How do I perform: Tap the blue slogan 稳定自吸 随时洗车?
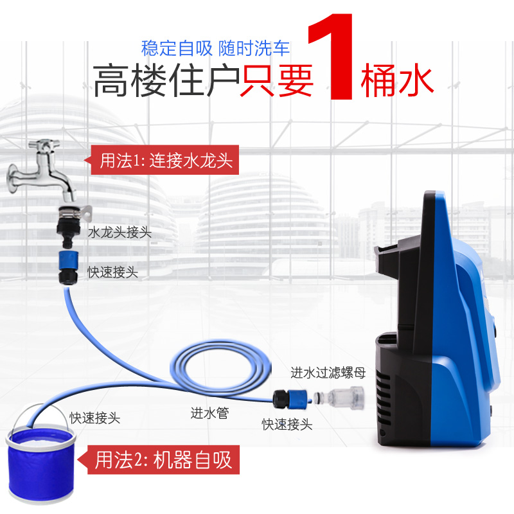[215, 49]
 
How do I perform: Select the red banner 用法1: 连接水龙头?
[162, 160]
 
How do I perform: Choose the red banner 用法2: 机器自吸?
[159, 459]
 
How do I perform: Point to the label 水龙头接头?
[120, 233]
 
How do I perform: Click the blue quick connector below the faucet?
[69, 267]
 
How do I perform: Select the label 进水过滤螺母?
[328, 373]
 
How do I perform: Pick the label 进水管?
[209, 413]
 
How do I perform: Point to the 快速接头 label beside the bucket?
[94, 418]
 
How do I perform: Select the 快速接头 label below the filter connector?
[287, 424]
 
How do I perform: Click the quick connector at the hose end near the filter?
[292, 398]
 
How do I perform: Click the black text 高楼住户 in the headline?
[166, 80]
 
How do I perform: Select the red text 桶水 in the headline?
[397, 80]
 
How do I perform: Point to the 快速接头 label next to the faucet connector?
[112, 272]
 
